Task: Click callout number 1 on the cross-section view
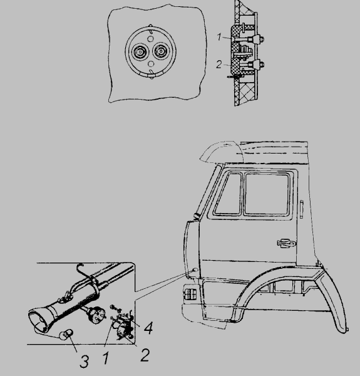[x=219, y=37]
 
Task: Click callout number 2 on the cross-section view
[x=219, y=65]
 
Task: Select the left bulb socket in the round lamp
[x=139, y=51]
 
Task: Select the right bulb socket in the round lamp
[x=162, y=51]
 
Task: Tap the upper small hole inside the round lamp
[x=150, y=39]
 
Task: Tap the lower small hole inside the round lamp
[x=151, y=64]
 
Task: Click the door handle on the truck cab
[x=286, y=243]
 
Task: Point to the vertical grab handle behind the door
[x=302, y=209]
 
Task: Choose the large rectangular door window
[x=267, y=194]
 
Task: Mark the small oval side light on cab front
[x=195, y=270]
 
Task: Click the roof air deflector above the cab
[x=222, y=151]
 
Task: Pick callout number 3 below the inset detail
[x=84, y=362]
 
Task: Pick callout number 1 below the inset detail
[x=106, y=358]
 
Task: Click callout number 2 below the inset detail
[x=145, y=355]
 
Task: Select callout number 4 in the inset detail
[x=148, y=328]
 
